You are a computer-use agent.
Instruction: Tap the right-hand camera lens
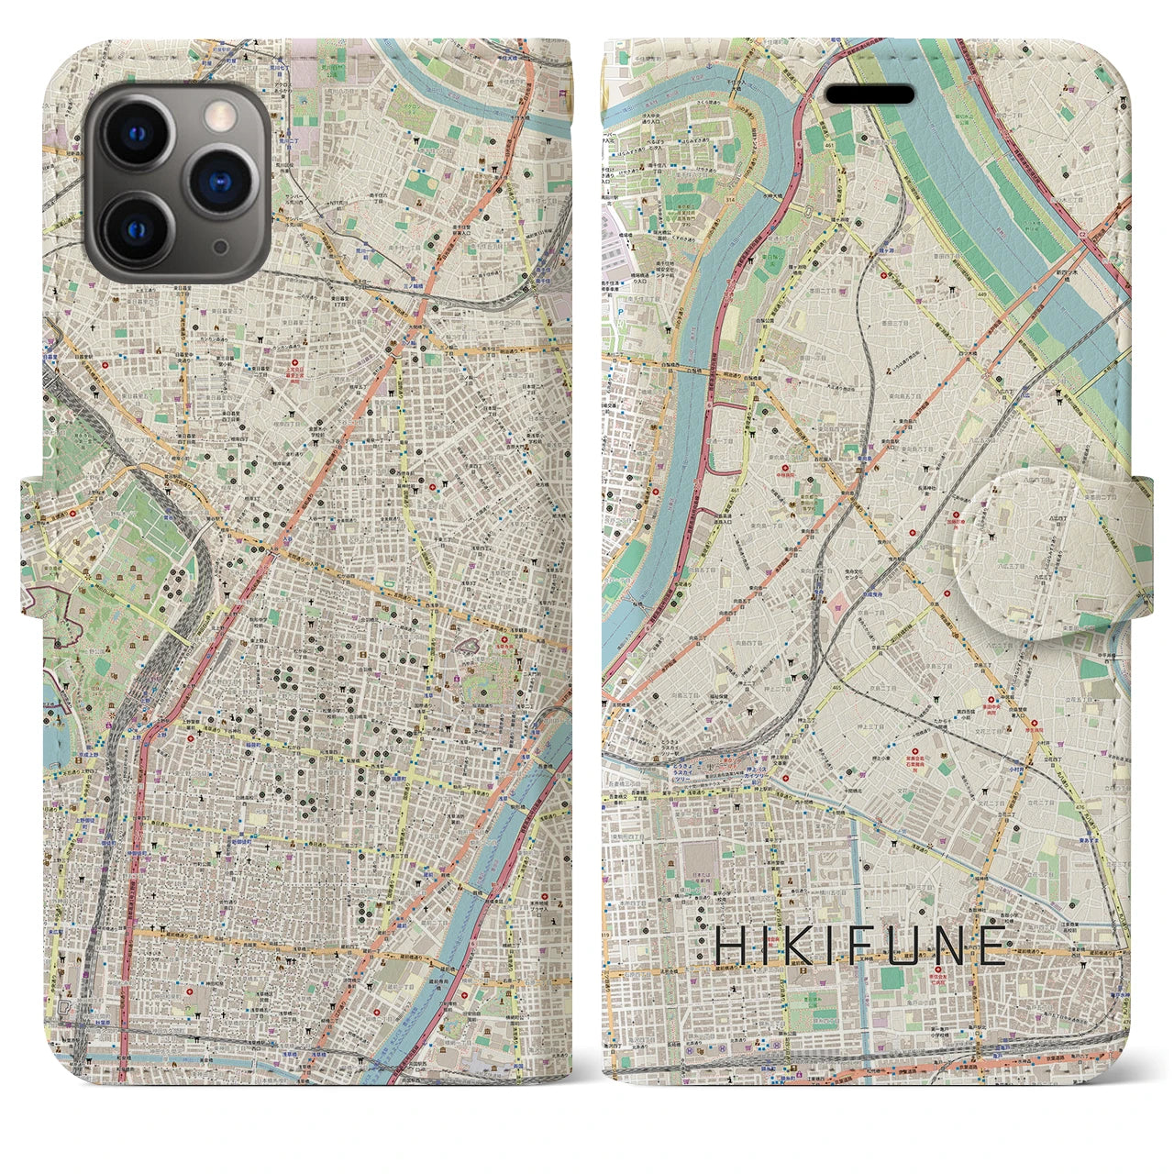coord(218,181)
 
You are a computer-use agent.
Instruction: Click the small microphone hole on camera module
coord(219,246)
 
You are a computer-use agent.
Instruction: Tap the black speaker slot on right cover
coord(870,95)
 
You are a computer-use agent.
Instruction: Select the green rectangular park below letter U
coord(892,978)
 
